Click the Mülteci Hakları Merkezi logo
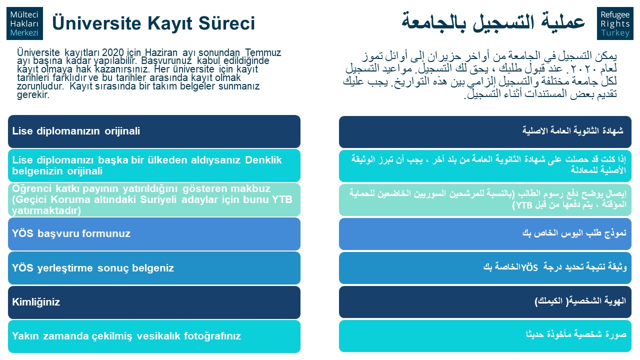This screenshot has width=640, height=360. [x=24, y=23]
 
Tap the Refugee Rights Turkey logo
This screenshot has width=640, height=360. [x=615, y=23]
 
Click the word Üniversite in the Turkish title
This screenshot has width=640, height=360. [x=96, y=23]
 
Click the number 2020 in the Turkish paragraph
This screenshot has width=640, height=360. [x=113, y=52]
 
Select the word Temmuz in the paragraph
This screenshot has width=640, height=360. [x=263, y=52]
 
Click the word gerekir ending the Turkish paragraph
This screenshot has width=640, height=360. [x=33, y=95]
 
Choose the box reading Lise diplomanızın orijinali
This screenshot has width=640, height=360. [x=154, y=131]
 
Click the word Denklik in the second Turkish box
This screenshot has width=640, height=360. [x=263, y=160]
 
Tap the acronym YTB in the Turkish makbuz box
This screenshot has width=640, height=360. [x=282, y=199]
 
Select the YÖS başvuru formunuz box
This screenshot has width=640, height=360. [x=154, y=234]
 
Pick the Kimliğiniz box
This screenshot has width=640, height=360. [x=154, y=302]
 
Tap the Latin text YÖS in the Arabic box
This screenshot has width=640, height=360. [x=529, y=267]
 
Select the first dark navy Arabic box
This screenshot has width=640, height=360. [x=485, y=131]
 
